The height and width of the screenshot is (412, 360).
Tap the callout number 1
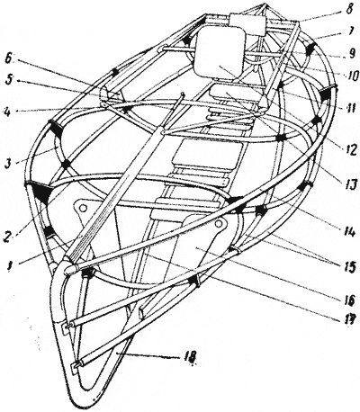pos(10,265)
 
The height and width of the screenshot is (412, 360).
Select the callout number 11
pos(350,107)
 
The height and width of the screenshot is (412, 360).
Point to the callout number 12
pos(348,148)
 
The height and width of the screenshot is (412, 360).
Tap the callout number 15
pos(348,265)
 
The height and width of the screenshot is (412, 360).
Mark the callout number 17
pos(348,318)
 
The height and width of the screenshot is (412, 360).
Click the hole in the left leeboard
pos(83,207)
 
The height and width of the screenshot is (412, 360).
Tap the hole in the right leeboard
pos(220,223)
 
